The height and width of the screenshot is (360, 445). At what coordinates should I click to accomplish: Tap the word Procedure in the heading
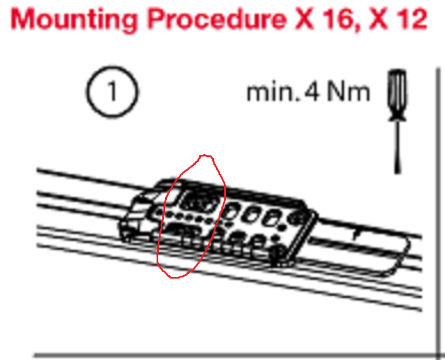pyautogui.click(x=217, y=19)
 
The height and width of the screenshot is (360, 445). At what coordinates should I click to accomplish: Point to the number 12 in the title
pyautogui.click(x=410, y=19)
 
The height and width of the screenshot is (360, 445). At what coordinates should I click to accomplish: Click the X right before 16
pyautogui.click(x=305, y=19)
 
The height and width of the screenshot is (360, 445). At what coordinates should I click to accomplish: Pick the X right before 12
pyautogui.click(x=378, y=19)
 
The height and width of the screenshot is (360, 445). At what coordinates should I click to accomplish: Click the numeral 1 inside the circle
pyautogui.click(x=112, y=91)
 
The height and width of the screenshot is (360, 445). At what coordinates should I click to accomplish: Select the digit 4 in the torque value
pyautogui.click(x=312, y=92)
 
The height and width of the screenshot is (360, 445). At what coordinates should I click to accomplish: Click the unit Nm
pyautogui.click(x=349, y=92)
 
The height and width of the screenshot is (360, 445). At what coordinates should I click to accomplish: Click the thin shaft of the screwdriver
pyautogui.click(x=398, y=144)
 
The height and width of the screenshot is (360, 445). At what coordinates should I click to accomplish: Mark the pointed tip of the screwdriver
pyautogui.click(x=398, y=173)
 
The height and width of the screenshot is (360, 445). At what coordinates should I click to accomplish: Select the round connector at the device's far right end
pyautogui.click(x=296, y=218)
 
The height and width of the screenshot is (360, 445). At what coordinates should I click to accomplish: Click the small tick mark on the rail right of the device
pyautogui.click(x=356, y=235)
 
